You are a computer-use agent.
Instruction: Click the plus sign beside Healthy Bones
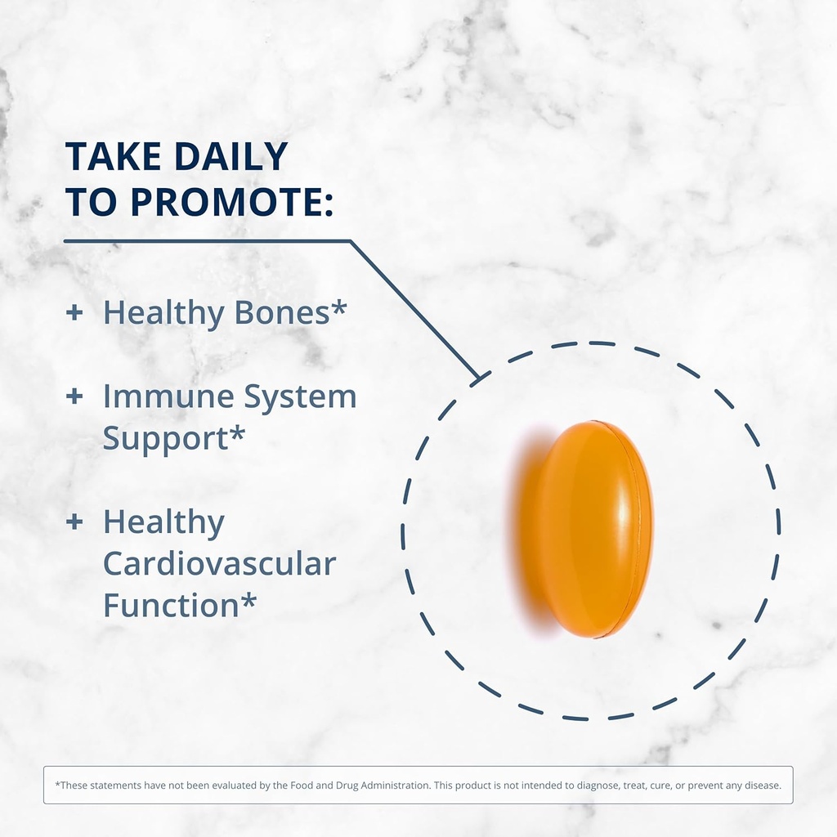pyautogui.click(x=74, y=312)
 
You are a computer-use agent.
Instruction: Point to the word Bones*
pyautogui.click(x=292, y=312)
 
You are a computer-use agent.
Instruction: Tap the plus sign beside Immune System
pyautogui.click(x=74, y=396)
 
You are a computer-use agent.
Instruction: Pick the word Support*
pyautogui.click(x=173, y=439)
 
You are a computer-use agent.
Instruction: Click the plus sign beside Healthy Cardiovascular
pyautogui.click(x=74, y=521)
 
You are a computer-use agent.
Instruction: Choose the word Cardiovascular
pyautogui.click(x=219, y=564)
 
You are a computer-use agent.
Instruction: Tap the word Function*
pyautogui.click(x=180, y=606)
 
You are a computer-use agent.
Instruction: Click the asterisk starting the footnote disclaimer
pyautogui.click(x=57, y=785)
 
